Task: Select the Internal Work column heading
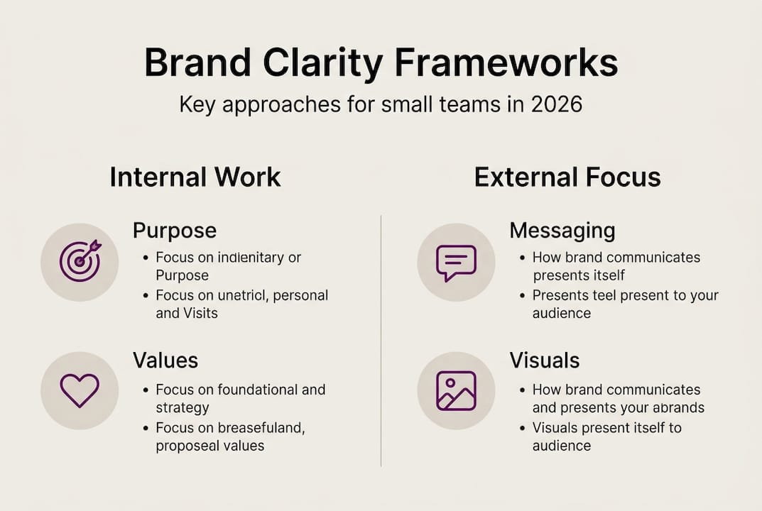(x=195, y=177)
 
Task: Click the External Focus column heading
(x=567, y=177)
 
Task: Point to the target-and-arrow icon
(x=80, y=261)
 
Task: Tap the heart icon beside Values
(x=80, y=390)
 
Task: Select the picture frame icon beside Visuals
(x=456, y=390)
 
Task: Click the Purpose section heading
(x=174, y=231)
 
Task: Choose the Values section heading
(x=165, y=360)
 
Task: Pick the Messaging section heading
(x=562, y=231)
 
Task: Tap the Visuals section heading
(x=544, y=360)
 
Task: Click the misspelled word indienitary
(x=246, y=257)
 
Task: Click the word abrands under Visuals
(x=678, y=408)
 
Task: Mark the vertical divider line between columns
(x=381, y=341)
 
